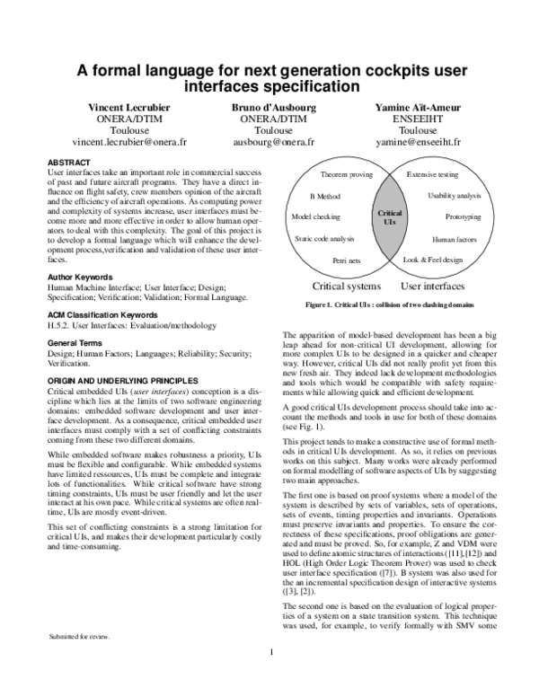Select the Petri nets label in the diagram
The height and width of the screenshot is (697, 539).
click(346, 260)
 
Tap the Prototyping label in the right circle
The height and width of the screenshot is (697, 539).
click(464, 217)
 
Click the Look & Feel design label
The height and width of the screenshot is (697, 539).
click(433, 259)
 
